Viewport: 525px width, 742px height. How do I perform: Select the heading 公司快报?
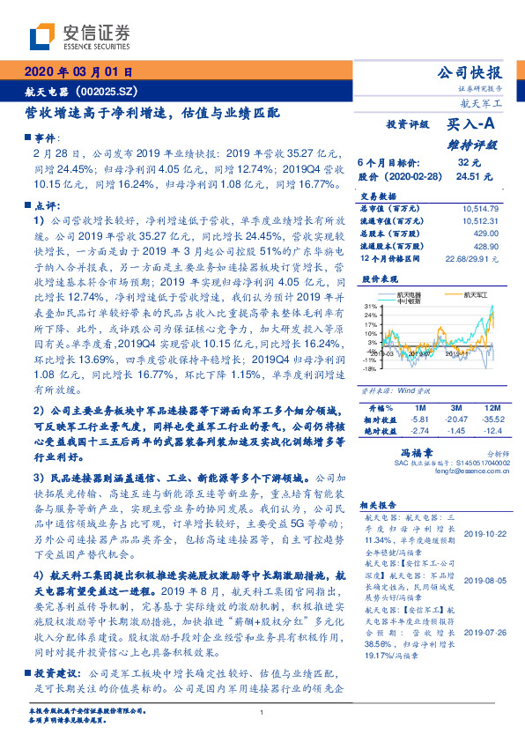(x=470, y=73)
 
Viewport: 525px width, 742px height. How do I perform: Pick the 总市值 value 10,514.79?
(x=481, y=207)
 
